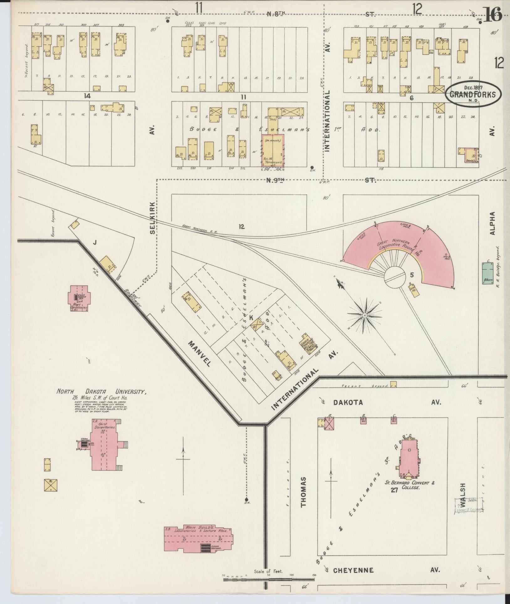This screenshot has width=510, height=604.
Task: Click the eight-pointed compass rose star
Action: (x=365, y=315)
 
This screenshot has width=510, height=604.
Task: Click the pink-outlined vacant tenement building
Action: (x=273, y=151)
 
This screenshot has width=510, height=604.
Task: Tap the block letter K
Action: (x=251, y=318)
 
